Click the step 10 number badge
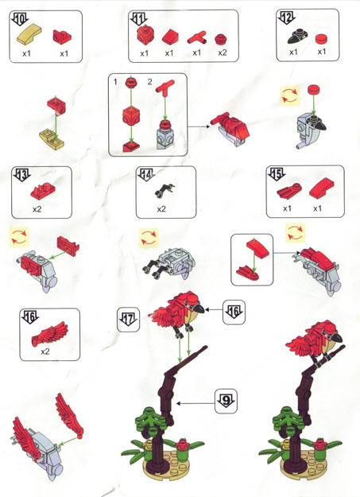tap(20, 19)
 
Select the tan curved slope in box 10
tap(29, 34)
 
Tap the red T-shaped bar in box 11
tap(197, 37)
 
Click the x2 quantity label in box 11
tap(223, 52)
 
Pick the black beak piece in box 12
tap(297, 37)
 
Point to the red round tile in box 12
tap(321, 39)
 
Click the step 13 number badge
tap(21, 175)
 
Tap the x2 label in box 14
tap(161, 209)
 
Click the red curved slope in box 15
tap(321, 188)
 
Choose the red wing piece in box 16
tap(50, 334)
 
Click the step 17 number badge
tap(129, 320)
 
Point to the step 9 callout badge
tap(226, 402)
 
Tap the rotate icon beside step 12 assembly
tap(289, 95)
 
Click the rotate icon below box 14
tap(149, 239)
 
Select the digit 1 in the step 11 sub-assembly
tap(115, 82)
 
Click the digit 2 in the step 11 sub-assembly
tap(150, 82)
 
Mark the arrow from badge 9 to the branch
tap(195, 403)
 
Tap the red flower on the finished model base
tap(319, 444)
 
